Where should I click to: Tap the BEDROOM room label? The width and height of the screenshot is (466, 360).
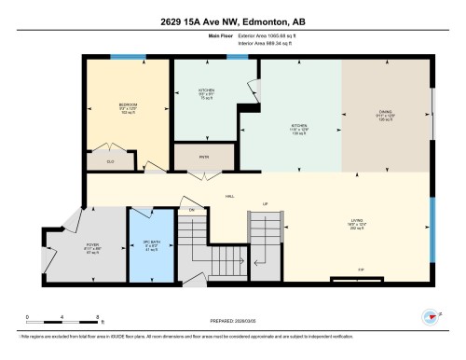(x=129, y=104)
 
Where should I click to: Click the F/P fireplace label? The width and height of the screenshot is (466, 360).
(x=361, y=270)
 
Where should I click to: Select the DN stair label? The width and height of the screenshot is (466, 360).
(x=192, y=210)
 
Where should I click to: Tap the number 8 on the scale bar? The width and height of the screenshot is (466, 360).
(x=82, y=317)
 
